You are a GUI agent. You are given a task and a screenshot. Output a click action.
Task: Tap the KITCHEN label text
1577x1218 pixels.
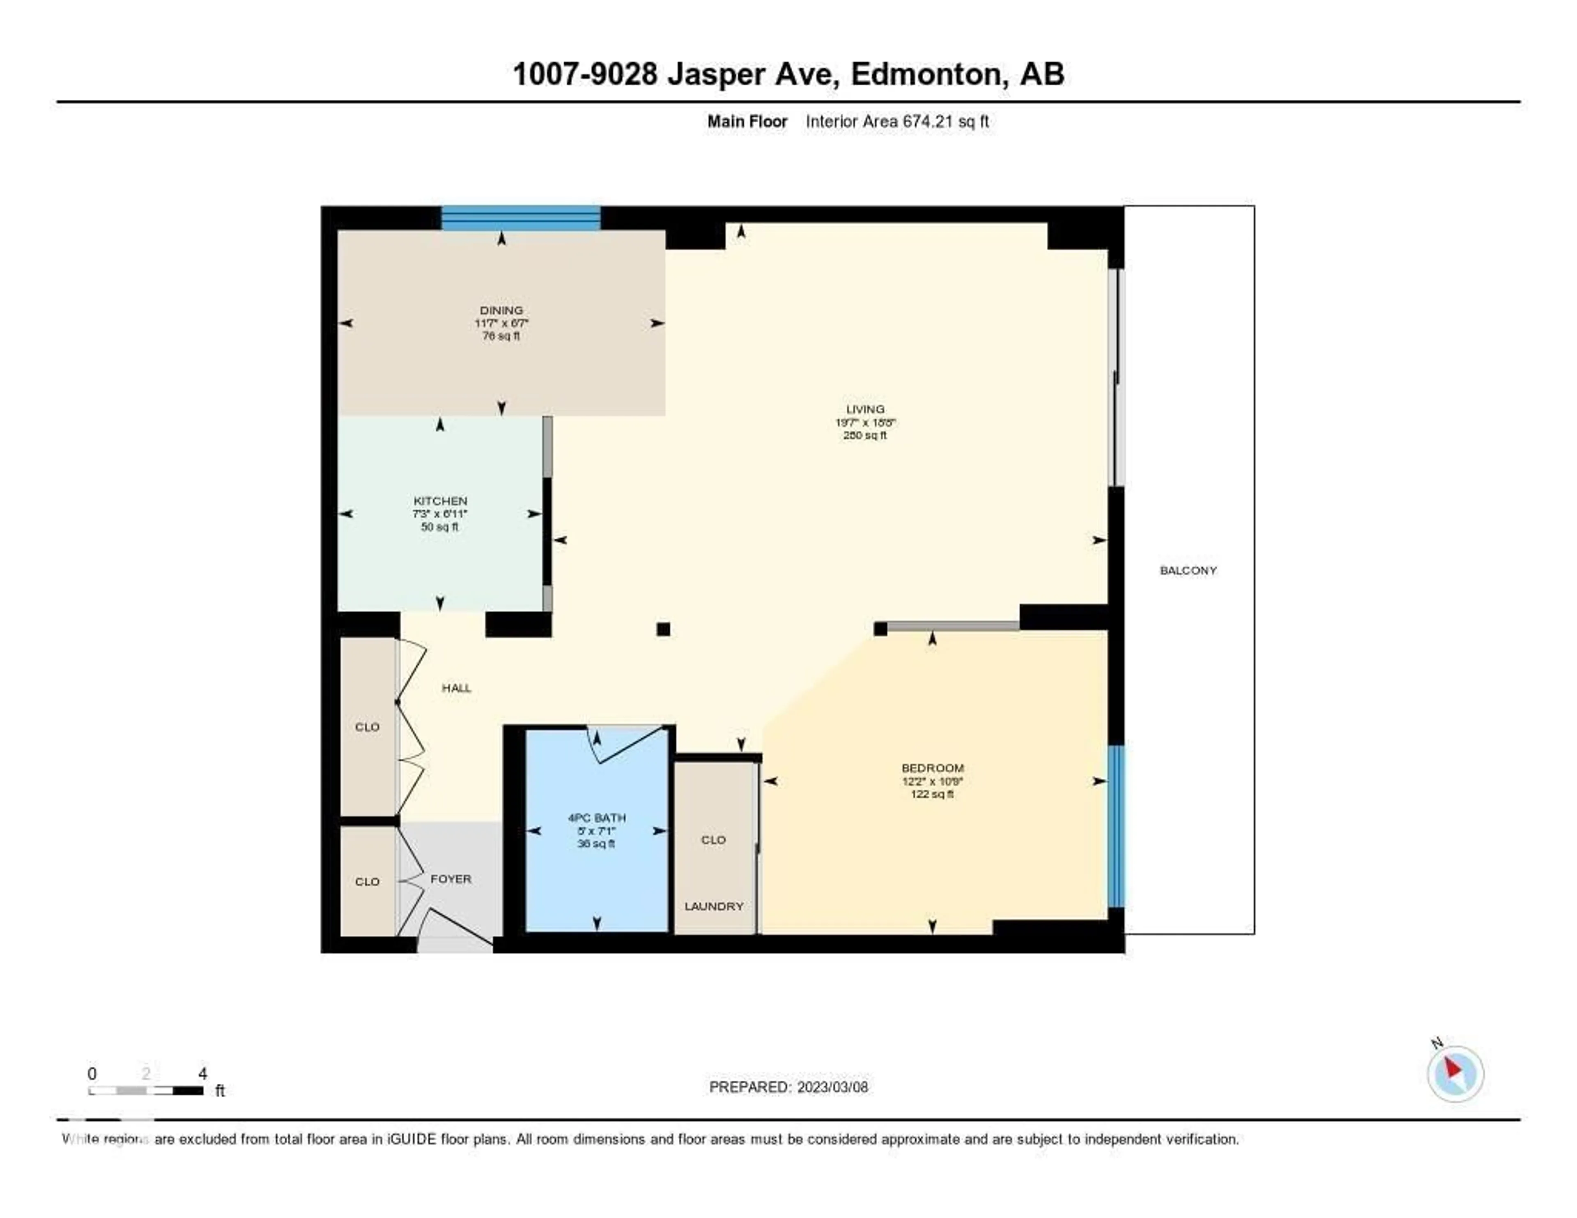[x=440, y=500]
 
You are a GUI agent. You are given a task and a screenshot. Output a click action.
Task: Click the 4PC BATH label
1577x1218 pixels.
[x=596, y=817]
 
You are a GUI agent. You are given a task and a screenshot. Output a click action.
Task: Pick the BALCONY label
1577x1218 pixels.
[x=1188, y=570]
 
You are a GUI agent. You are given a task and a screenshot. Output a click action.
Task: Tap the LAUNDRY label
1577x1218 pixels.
[x=713, y=906]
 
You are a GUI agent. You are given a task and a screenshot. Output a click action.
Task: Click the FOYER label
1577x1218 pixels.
[x=451, y=879]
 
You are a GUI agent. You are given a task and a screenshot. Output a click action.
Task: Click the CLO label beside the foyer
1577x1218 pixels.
[x=367, y=882]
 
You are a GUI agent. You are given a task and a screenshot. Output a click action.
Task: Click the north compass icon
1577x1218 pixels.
[x=1455, y=1073]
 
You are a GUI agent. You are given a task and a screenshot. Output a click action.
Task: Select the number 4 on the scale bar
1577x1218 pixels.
[x=203, y=1073]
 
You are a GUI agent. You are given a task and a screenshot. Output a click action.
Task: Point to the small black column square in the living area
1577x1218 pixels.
[x=663, y=629]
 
